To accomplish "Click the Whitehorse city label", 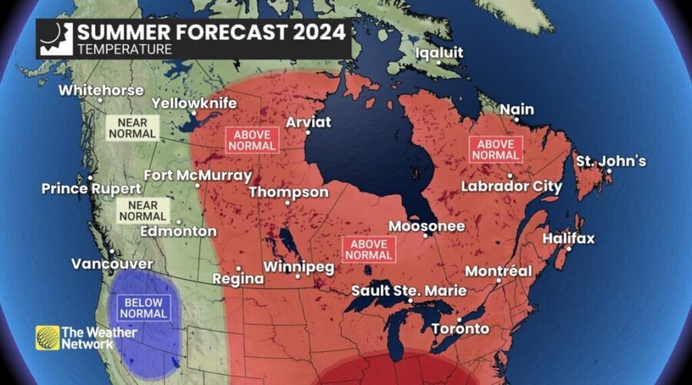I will point(101,90).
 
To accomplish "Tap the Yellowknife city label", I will point(194,103).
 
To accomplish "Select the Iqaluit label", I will point(438,53).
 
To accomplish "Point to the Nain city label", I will point(517,110).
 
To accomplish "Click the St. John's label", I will point(611,162).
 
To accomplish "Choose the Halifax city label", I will point(568,239).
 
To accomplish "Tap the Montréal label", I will point(498,272).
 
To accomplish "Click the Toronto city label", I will point(460,329).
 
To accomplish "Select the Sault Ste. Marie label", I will point(398,291).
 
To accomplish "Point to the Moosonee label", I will point(427,226).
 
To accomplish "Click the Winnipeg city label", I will point(298,267).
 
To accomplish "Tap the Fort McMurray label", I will point(197,175).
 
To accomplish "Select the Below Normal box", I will point(143,307).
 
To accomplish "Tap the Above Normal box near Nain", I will point(495,149).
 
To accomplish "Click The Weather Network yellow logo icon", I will point(47,337).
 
